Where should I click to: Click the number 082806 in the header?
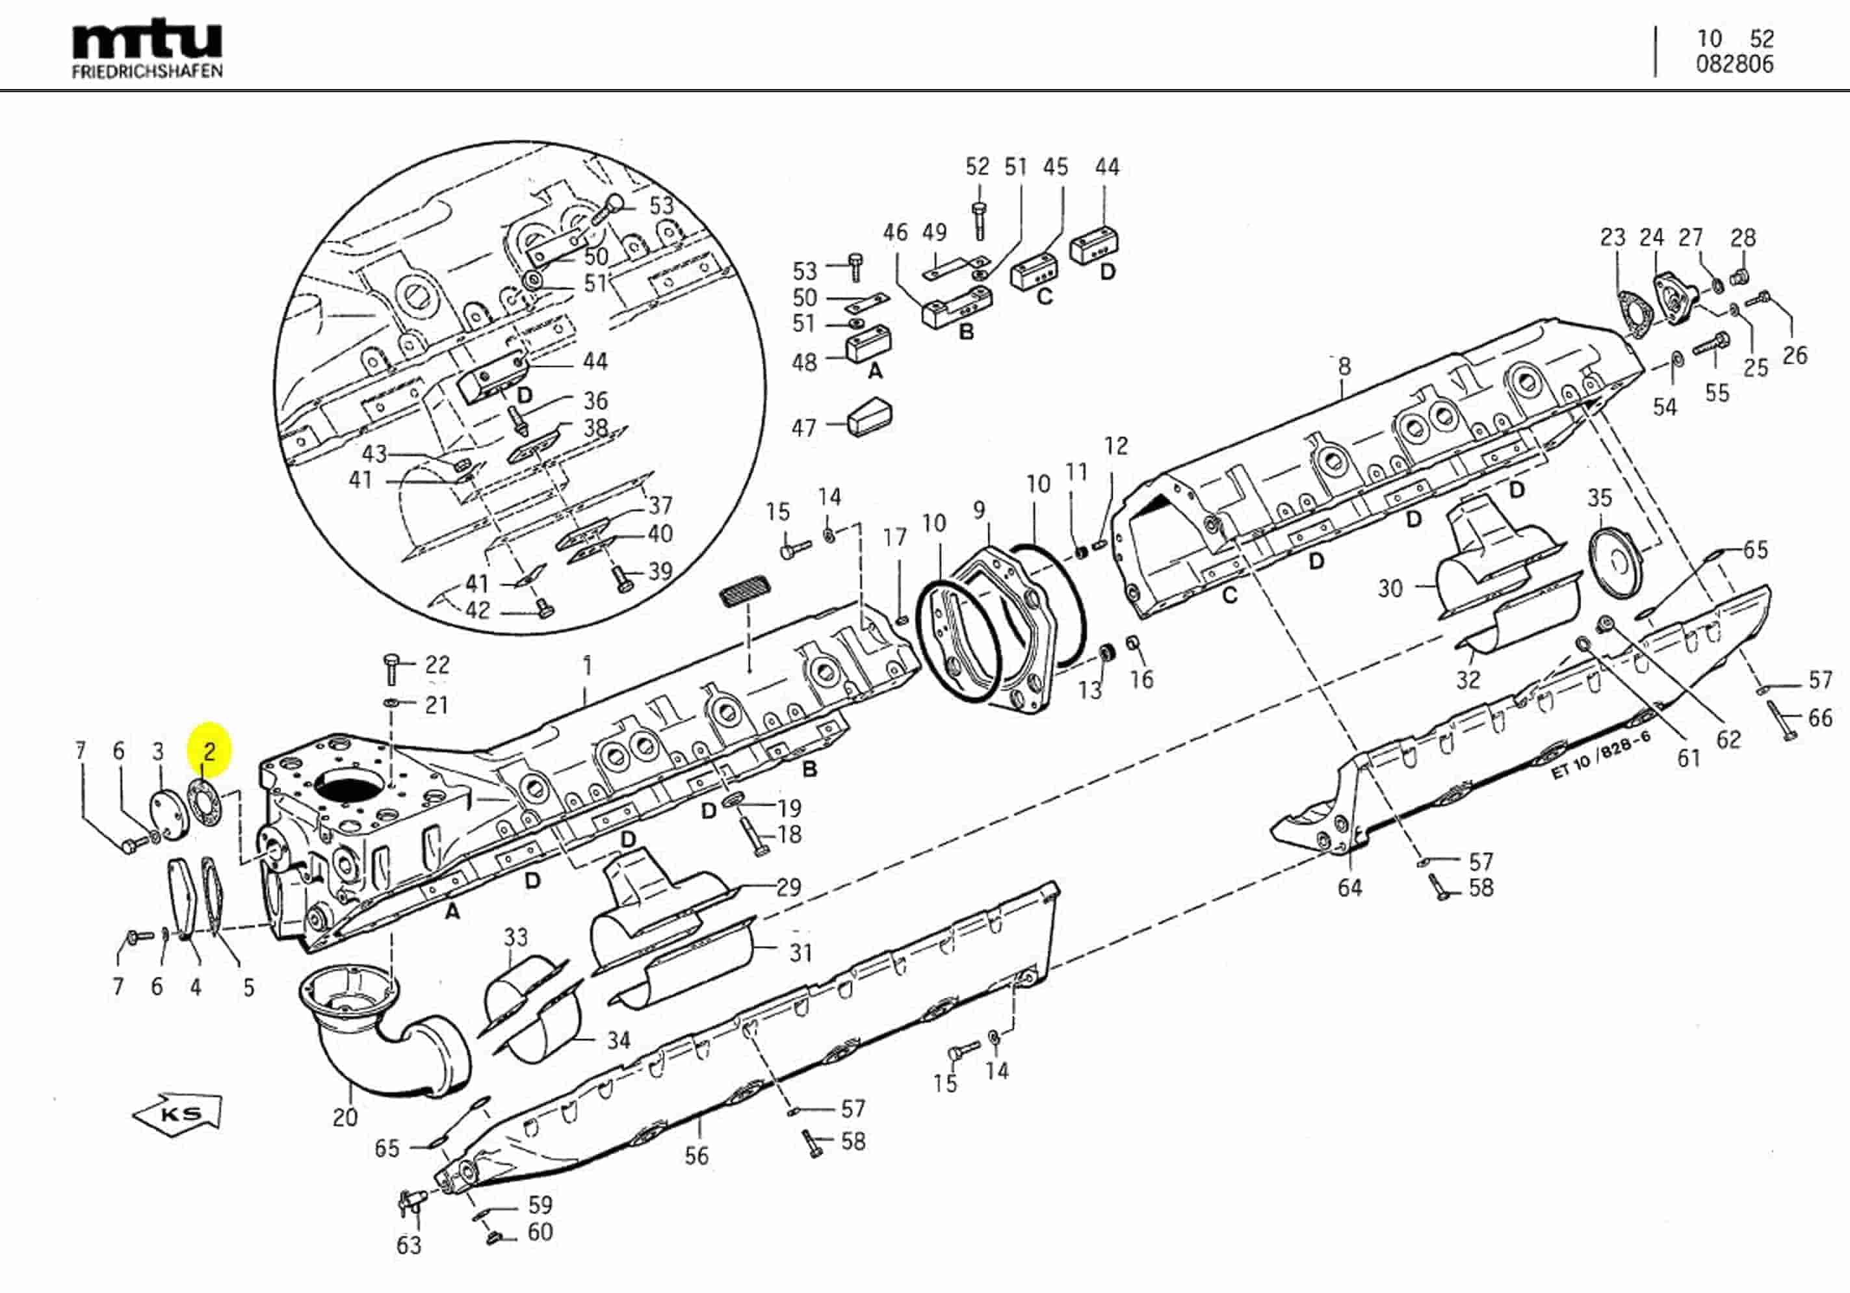click(1734, 65)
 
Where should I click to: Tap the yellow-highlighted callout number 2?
click(209, 752)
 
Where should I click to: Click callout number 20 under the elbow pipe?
click(345, 1118)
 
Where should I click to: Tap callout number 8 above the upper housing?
click(1344, 367)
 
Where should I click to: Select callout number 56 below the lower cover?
click(696, 1156)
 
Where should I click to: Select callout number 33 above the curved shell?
click(515, 938)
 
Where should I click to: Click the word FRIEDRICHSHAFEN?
click(148, 71)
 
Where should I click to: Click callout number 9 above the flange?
click(979, 510)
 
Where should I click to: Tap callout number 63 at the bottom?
click(408, 1246)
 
